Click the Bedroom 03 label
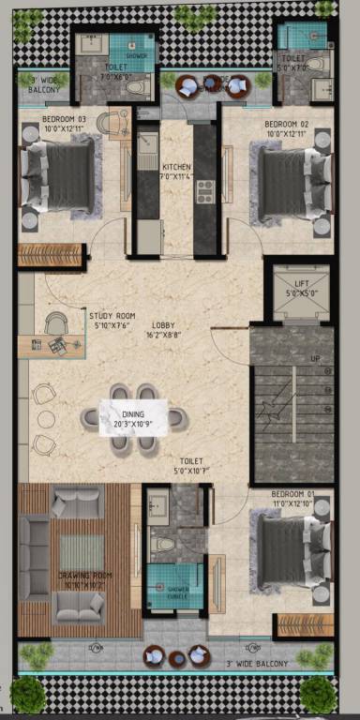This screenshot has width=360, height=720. click(65, 120)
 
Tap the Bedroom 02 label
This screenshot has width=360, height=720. click(286, 124)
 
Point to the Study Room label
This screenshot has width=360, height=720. click(112, 316)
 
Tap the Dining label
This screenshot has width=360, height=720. click(132, 413)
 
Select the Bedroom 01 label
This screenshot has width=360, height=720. click(292, 493)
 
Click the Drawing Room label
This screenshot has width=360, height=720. click(84, 575)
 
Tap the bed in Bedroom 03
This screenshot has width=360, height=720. click(58, 175)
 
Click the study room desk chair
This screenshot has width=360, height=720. click(55, 323)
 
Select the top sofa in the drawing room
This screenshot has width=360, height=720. click(78, 504)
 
